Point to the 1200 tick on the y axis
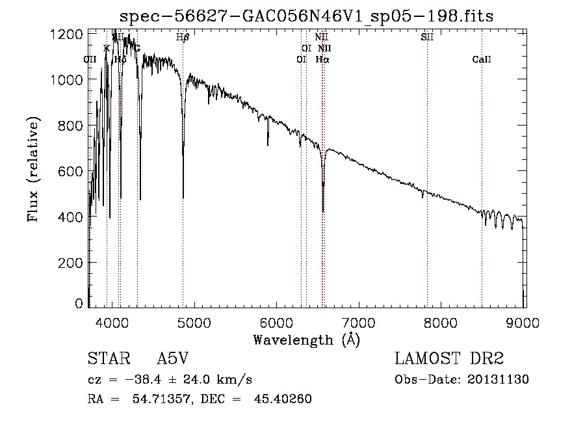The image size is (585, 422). [66, 33]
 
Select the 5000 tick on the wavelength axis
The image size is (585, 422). [194, 321]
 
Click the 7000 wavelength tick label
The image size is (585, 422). [359, 321]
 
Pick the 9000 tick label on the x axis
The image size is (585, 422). [524, 321]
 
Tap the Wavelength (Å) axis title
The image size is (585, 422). [306, 339]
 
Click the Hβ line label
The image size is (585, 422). [183, 38]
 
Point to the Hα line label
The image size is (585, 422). [322, 59]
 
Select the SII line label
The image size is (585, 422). [427, 38]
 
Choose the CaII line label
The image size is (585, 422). [482, 60]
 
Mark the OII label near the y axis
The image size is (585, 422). [90, 59]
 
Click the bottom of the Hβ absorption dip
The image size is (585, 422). [183, 197]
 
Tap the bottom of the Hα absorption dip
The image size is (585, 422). [323, 211]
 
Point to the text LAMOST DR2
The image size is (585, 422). [448, 359]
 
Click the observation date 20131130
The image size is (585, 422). [499, 380]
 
